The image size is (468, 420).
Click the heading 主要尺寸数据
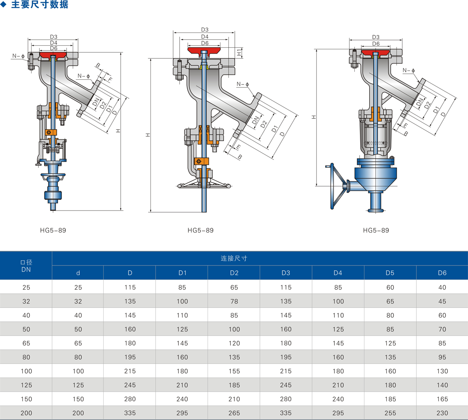(x=40, y=5)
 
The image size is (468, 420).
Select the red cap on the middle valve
(x=204, y=51)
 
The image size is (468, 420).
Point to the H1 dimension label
(x=239, y=52)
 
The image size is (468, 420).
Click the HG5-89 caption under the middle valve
(x=200, y=230)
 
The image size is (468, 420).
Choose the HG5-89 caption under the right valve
(x=376, y=230)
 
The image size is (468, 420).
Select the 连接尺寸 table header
(x=234, y=258)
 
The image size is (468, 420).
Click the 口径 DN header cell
(x=26, y=266)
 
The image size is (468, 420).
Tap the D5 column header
(x=390, y=273)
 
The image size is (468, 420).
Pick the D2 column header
(x=234, y=273)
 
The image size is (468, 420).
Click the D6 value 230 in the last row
(x=442, y=413)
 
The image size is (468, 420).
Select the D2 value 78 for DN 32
(x=234, y=301)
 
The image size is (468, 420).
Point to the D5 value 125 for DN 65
(x=390, y=343)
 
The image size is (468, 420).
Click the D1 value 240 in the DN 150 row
(x=182, y=399)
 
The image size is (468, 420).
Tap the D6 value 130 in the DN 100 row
(x=442, y=371)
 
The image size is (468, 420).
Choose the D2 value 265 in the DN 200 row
(x=234, y=413)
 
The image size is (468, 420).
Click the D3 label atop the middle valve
(x=205, y=30)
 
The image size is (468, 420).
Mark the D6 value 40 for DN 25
(x=442, y=287)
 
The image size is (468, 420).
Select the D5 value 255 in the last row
(x=390, y=413)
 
